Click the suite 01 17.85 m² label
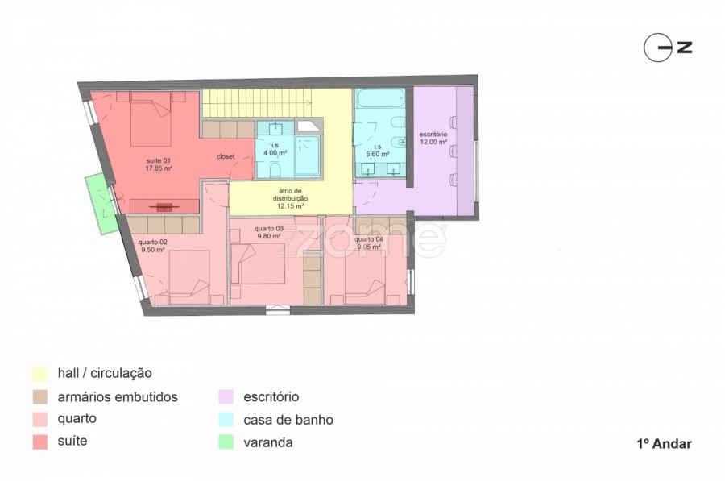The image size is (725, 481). coord(159,164)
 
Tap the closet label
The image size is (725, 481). coord(226,157)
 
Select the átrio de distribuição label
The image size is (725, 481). coord(290,198)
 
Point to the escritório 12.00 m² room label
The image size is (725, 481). coord(433,139)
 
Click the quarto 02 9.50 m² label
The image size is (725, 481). coord(152,246)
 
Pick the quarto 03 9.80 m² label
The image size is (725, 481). coord(269,232)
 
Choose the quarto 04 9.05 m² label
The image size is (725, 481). coord(368,243)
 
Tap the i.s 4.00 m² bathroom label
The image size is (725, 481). coord(275,149)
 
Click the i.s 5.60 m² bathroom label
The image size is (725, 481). coord(378,151)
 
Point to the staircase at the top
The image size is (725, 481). coord(257,102)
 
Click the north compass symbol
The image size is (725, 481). coord(668,48)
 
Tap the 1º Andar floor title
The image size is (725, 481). coord(664,444)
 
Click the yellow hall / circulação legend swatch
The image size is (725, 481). coord(40,374)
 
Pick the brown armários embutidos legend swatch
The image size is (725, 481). coord(40,397)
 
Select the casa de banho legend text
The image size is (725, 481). coord(288,420)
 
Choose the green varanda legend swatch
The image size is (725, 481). coord(226,442)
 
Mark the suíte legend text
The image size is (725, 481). coord(72,441)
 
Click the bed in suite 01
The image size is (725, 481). coord(151,119)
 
